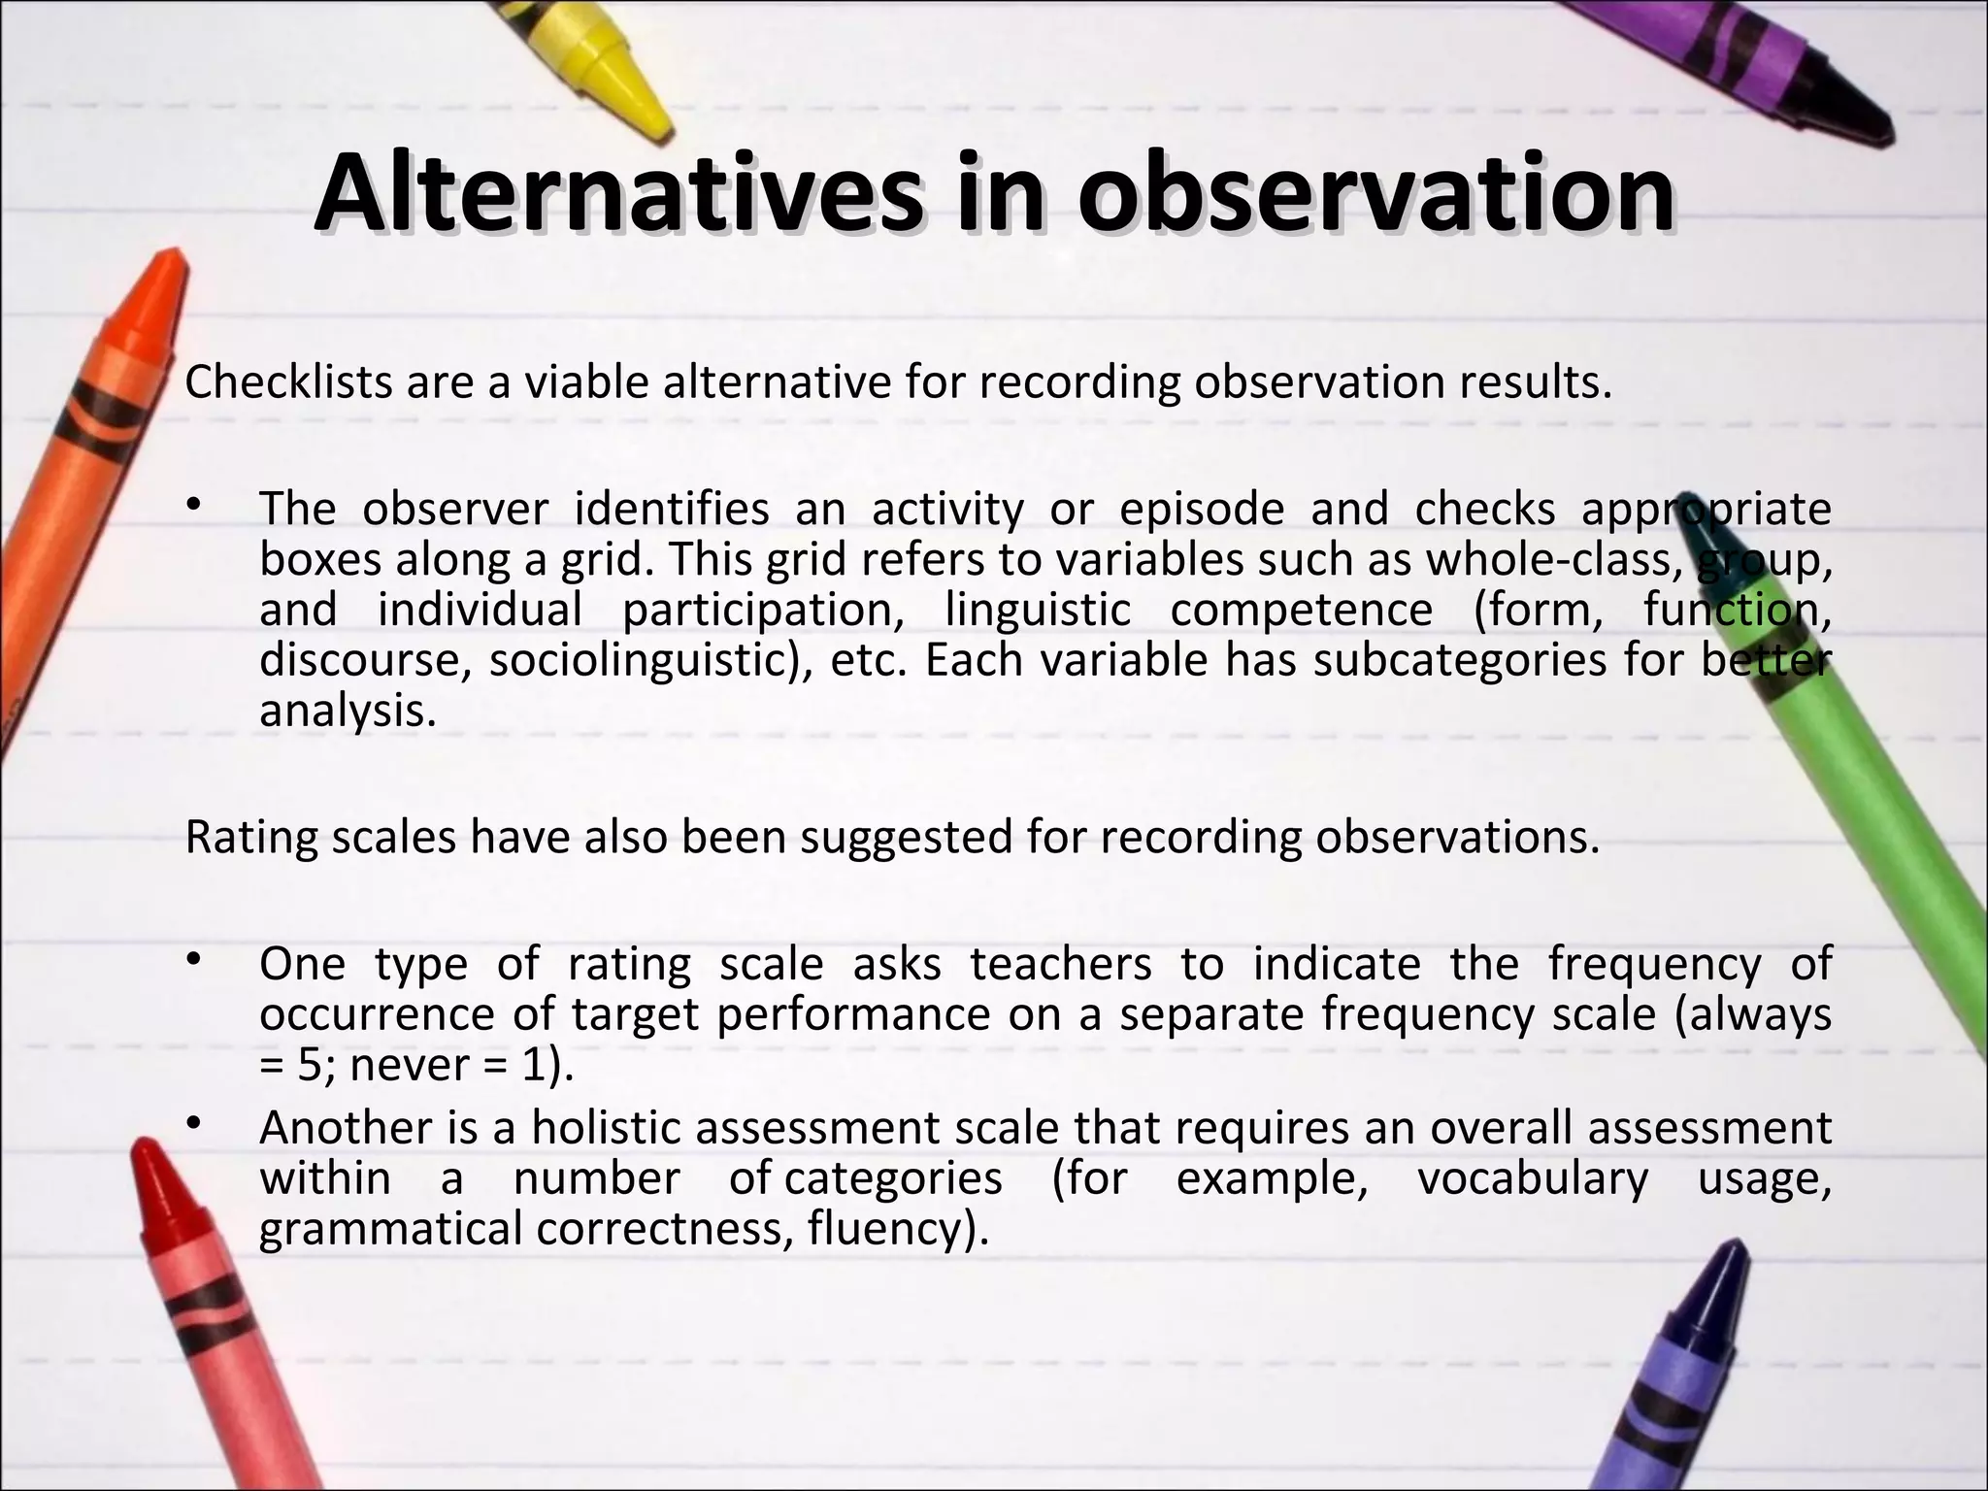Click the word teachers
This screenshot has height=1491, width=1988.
(1061, 965)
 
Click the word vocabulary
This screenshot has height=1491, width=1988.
(1533, 1179)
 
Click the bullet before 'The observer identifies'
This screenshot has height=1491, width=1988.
(194, 505)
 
